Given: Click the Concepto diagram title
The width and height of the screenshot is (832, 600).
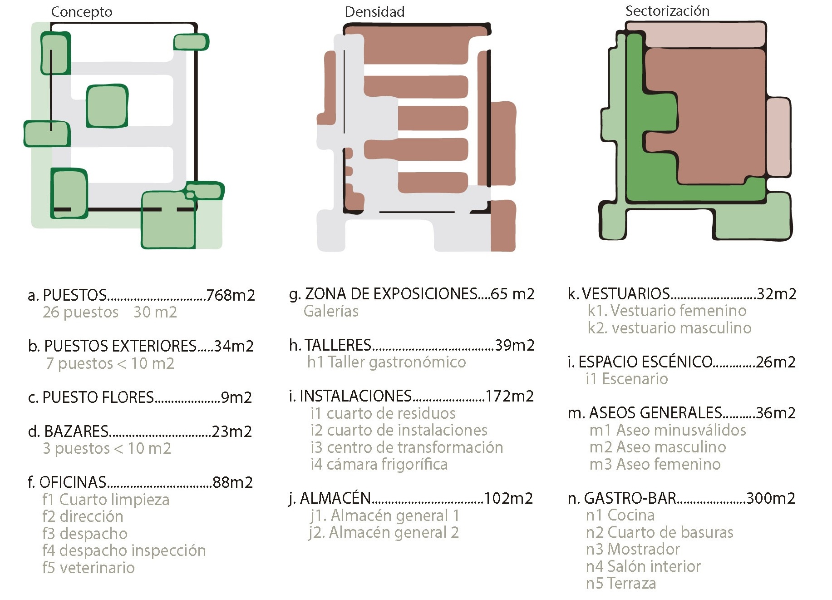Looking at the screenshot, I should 82,12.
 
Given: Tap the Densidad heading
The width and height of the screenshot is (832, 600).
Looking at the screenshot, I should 374,12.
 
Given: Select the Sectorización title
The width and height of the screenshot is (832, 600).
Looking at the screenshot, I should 667,11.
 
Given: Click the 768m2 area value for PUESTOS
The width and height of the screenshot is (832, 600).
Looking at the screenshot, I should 231,295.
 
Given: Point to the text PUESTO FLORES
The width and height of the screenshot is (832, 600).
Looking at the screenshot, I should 98,397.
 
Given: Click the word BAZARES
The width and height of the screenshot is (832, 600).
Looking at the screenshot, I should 76,431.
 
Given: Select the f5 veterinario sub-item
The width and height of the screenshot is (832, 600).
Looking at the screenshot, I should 89,568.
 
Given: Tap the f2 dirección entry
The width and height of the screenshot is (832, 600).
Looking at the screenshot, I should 83,516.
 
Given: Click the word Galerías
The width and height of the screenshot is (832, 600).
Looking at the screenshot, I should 331,311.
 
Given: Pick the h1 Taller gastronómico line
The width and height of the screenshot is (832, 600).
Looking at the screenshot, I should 386,362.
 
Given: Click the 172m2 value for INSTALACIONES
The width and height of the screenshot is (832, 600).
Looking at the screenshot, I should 509,396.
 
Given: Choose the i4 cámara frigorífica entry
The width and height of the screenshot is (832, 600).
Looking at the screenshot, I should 379,464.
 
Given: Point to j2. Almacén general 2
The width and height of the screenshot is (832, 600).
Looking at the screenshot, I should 384,532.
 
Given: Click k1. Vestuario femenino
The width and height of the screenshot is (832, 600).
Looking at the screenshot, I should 667,311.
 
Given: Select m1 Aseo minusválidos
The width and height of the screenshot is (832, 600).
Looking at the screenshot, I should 668,430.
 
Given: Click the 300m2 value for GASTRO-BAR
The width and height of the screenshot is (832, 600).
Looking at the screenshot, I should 770,498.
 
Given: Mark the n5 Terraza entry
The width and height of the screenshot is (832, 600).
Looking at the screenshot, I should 621,583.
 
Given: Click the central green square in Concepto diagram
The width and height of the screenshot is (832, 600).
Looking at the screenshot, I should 107,106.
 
